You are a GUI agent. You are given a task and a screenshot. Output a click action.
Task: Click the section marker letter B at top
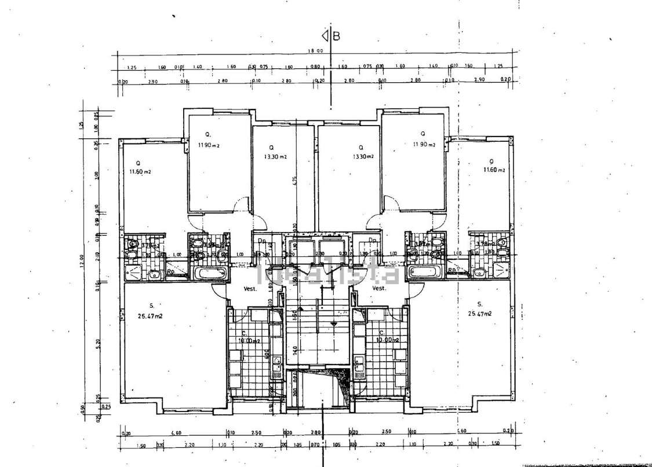(336, 36)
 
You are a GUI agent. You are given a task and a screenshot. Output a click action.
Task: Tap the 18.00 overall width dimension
(315, 51)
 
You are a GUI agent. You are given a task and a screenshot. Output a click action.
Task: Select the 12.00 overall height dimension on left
(82, 260)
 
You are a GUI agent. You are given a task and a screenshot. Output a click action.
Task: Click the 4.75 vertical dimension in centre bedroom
(294, 181)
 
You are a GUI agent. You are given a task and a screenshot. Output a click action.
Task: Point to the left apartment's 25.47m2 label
(150, 317)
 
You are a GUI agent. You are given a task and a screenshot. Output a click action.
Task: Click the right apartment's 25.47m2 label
(480, 314)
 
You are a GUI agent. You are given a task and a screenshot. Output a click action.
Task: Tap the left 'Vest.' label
(250, 289)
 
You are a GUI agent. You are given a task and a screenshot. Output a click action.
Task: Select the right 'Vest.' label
(379, 288)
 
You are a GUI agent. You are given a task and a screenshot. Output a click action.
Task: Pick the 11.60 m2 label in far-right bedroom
(494, 170)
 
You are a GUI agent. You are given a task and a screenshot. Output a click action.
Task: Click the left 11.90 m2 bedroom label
(209, 145)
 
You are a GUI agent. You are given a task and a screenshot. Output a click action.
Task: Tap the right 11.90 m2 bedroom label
(424, 144)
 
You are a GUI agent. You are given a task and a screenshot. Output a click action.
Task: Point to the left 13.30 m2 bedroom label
(275, 157)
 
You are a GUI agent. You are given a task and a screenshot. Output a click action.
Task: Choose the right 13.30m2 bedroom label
(363, 157)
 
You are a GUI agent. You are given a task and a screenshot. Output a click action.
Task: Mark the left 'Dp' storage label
(261, 241)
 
